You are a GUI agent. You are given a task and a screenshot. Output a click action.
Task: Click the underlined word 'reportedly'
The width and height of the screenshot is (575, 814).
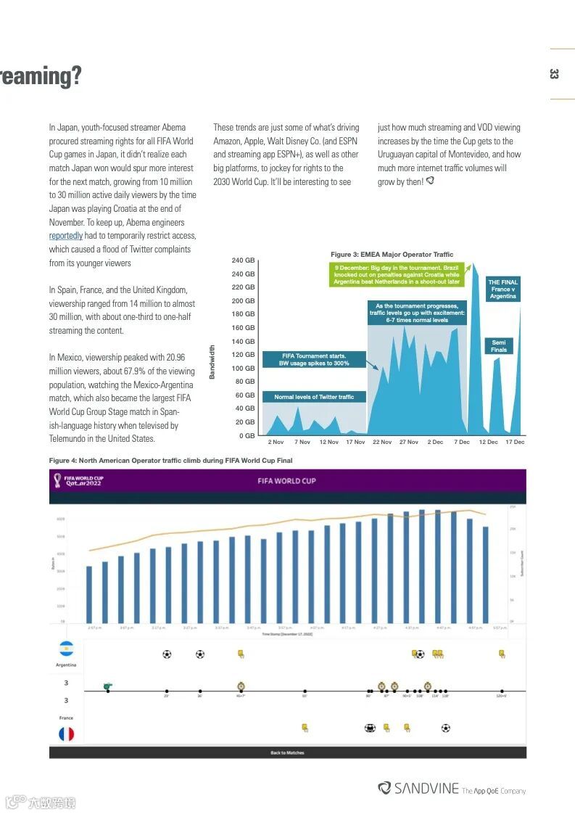pos(66,236)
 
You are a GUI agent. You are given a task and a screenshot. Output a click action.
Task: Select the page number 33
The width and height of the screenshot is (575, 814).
pos(554,74)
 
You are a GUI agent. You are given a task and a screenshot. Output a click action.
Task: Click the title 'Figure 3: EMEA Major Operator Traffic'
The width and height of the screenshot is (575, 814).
pos(392,255)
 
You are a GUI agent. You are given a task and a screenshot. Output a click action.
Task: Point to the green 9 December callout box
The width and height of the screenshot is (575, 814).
pos(397,275)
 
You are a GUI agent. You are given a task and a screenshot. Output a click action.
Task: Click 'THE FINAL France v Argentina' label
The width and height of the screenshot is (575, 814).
pos(502,289)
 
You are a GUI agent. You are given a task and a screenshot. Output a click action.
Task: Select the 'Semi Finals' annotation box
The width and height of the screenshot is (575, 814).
pos(499,346)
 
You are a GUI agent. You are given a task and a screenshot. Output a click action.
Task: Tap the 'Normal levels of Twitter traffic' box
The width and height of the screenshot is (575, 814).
pos(314,397)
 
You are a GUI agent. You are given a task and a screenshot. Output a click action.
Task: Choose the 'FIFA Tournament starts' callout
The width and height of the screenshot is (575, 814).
pos(314,359)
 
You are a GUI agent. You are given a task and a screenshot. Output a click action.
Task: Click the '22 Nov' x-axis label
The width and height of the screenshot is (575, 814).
pos(382,442)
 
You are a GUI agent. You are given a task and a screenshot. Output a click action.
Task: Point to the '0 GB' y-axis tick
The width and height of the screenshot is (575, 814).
pos(247,435)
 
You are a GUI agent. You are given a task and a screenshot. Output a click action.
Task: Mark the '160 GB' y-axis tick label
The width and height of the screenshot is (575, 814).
pos(243,328)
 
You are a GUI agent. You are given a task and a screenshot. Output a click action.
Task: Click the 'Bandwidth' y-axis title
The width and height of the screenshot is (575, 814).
pos(212,361)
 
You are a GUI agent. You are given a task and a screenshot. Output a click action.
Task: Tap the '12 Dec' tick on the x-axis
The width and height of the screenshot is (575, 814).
pos(488,442)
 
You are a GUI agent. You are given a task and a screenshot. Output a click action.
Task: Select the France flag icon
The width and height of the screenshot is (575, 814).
pos(66,733)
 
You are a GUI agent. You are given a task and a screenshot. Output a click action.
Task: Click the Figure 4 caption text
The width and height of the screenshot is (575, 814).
pos(170,461)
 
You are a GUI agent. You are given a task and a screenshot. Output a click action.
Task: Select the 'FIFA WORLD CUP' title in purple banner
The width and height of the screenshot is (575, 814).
pos(287,481)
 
